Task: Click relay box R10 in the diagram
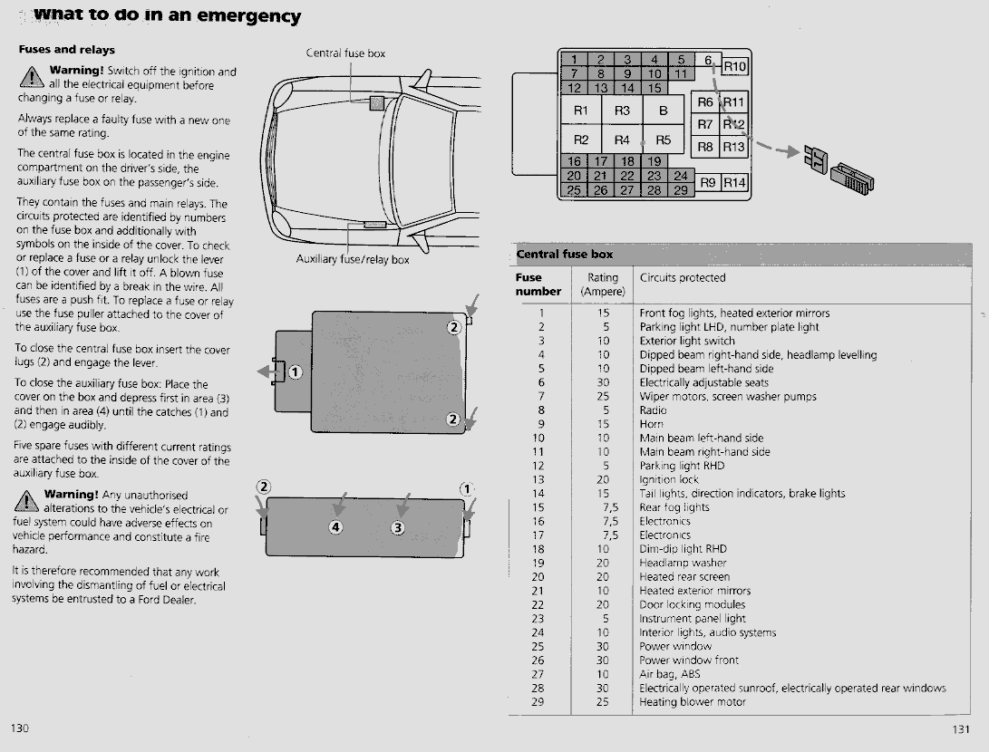coord(734,67)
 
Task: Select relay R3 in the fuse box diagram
coord(622,111)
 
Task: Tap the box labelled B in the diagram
coord(663,111)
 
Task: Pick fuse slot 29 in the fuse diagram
coord(680,189)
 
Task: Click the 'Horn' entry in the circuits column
coord(652,424)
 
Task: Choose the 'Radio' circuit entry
coord(653,410)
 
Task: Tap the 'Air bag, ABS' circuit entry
coord(670,674)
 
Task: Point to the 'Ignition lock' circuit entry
coord(669,479)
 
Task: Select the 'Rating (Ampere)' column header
coord(603,284)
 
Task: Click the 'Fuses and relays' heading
coord(66,50)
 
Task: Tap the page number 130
coord(21,728)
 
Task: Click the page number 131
coord(962,729)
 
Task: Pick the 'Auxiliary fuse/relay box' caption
coord(353,260)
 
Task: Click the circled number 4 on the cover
coord(336,527)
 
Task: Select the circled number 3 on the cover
coord(397,527)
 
